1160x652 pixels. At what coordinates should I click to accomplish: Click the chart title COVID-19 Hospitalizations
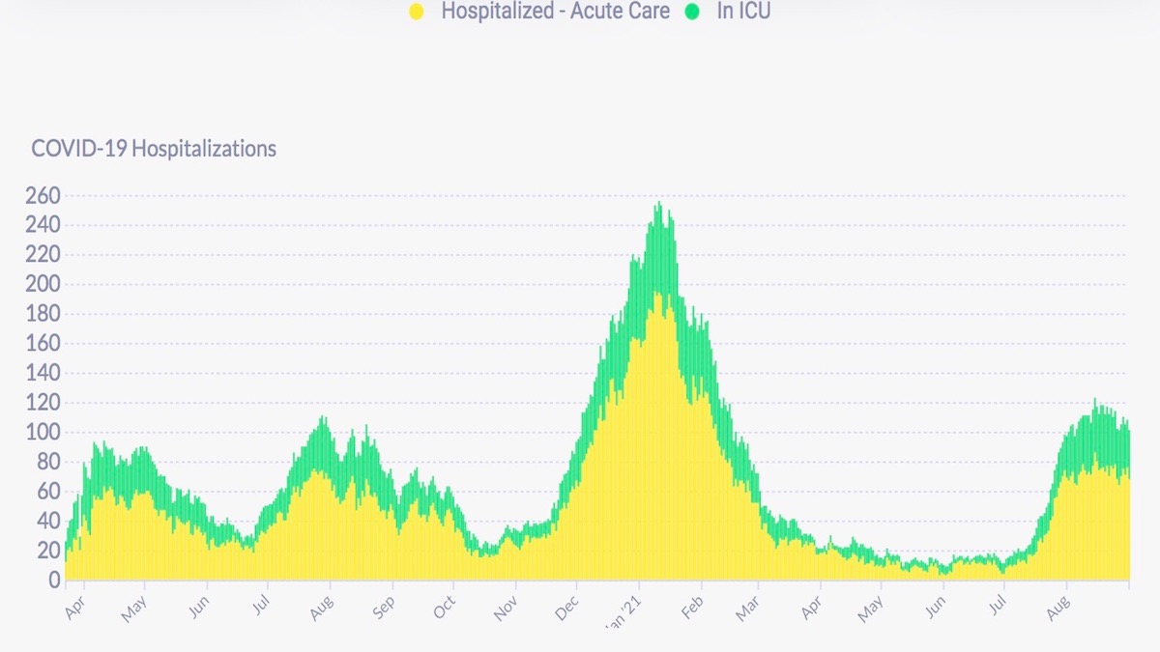(154, 149)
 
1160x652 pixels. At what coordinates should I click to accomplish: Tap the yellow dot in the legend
(417, 13)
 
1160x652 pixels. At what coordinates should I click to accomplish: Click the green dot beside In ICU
(691, 13)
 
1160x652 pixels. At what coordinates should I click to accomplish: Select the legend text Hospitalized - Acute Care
(555, 13)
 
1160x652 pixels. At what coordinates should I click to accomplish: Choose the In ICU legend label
(743, 13)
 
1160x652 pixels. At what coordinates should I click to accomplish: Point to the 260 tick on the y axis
(44, 196)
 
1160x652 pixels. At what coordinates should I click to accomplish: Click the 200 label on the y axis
(44, 285)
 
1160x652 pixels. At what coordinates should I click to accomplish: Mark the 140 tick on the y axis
(44, 374)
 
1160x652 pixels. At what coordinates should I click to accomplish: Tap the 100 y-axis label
(44, 433)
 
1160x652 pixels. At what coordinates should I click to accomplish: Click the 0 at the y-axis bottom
(55, 580)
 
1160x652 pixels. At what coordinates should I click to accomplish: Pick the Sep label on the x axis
(383, 607)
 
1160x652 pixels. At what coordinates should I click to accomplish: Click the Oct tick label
(444, 607)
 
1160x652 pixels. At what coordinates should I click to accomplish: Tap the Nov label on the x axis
(507, 607)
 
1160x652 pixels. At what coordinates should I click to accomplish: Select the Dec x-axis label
(567, 607)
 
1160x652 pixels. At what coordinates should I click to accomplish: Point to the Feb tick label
(691, 607)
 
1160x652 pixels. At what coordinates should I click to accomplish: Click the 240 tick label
(44, 226)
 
